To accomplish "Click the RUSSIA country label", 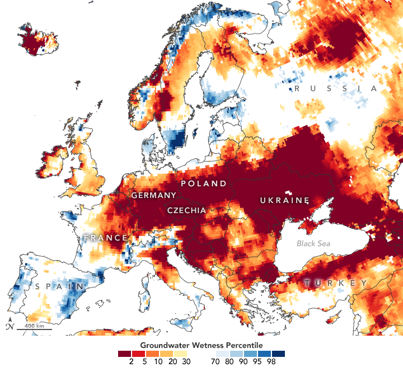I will coord(336,89).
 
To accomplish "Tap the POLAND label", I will coord(203,183).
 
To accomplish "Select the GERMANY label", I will coord(153,195).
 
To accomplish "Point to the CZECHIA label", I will coord(186,210).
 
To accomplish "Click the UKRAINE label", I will coord(284,200).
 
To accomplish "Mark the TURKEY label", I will coord(336,283).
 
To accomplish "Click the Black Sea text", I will coord(313,243).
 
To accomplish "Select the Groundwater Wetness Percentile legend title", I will coord(201,345).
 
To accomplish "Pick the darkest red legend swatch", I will coord(124,354).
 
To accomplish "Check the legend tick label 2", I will coord(132,362).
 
